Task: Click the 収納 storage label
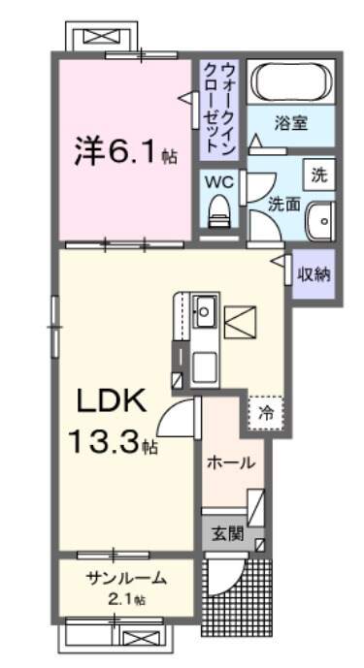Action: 314,273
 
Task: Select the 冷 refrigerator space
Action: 266,410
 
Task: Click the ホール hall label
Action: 232,462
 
